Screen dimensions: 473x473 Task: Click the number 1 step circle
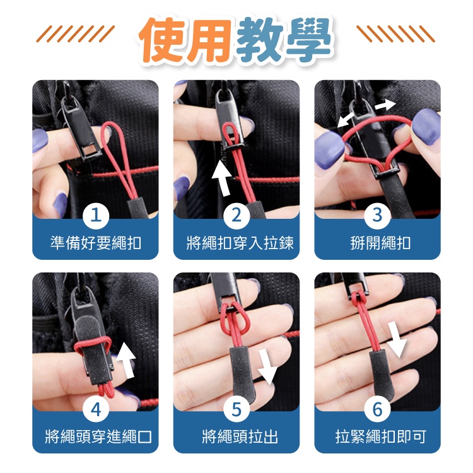pyautogui.click(x=96, y=216)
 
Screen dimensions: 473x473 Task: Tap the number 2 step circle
pyautogui.click(x=237, y=216)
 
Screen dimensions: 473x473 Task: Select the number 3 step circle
pyautogui.click(x=377, y=216)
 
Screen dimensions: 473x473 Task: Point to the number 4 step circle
pyautogui.click(x=96, y=409)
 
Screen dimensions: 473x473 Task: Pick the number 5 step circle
pyautogui.click(x=237, y=409)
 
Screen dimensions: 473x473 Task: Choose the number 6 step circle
pyautogui.click(x=377, y=409)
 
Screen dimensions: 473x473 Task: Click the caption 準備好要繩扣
pyautogui.click(x=96, y=243)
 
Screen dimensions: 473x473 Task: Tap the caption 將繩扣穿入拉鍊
pyautogui.click(x=240, y=243)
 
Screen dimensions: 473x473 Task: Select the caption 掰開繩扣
pyautogui.click(x=380, y=243)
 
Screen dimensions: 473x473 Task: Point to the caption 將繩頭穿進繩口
pyautogui.click(x=98, y=436)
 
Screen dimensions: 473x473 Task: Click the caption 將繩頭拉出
pyautogui.click(x=240, y=436)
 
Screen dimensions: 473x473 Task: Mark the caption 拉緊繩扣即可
pyautogui.click(x=381, y=436)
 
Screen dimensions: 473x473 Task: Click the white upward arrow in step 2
pyautogui.click(x=223, y=178)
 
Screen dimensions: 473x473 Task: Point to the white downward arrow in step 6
pyautogui.click(x=397, y=339)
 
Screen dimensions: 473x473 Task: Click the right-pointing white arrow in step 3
pyautogui.click(x=385, y=105)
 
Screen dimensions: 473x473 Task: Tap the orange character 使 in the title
pyautogui.click(x=163, y=40)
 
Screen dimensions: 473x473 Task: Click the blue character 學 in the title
pyautogui.click(x=309, y=39)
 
